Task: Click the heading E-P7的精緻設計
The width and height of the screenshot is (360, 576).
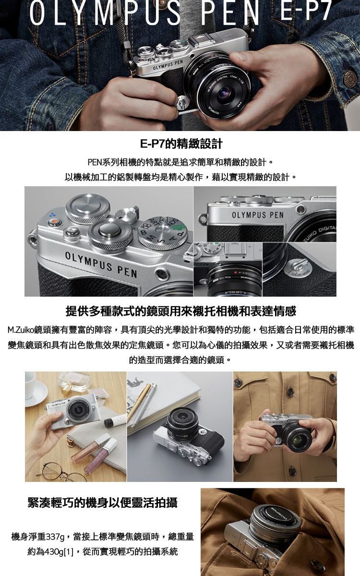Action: pyautogui.click(x=181, y=144)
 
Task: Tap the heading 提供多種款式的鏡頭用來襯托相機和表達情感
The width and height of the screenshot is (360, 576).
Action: pyautogui.click(x=181, y=311)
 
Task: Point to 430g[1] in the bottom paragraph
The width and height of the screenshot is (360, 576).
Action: pyautogui.click(x=59, y=552)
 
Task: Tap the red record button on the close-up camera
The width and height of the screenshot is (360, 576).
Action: pyautogui.click(x=54, y=221)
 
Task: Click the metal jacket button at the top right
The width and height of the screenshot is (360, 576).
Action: pyautogui.click(x=350, y=78)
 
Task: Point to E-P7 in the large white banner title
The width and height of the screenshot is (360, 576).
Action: pyautogui.click(x=305, y=12)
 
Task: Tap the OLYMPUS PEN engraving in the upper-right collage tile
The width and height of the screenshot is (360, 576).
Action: pyautogui.click(x=258, y=215)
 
